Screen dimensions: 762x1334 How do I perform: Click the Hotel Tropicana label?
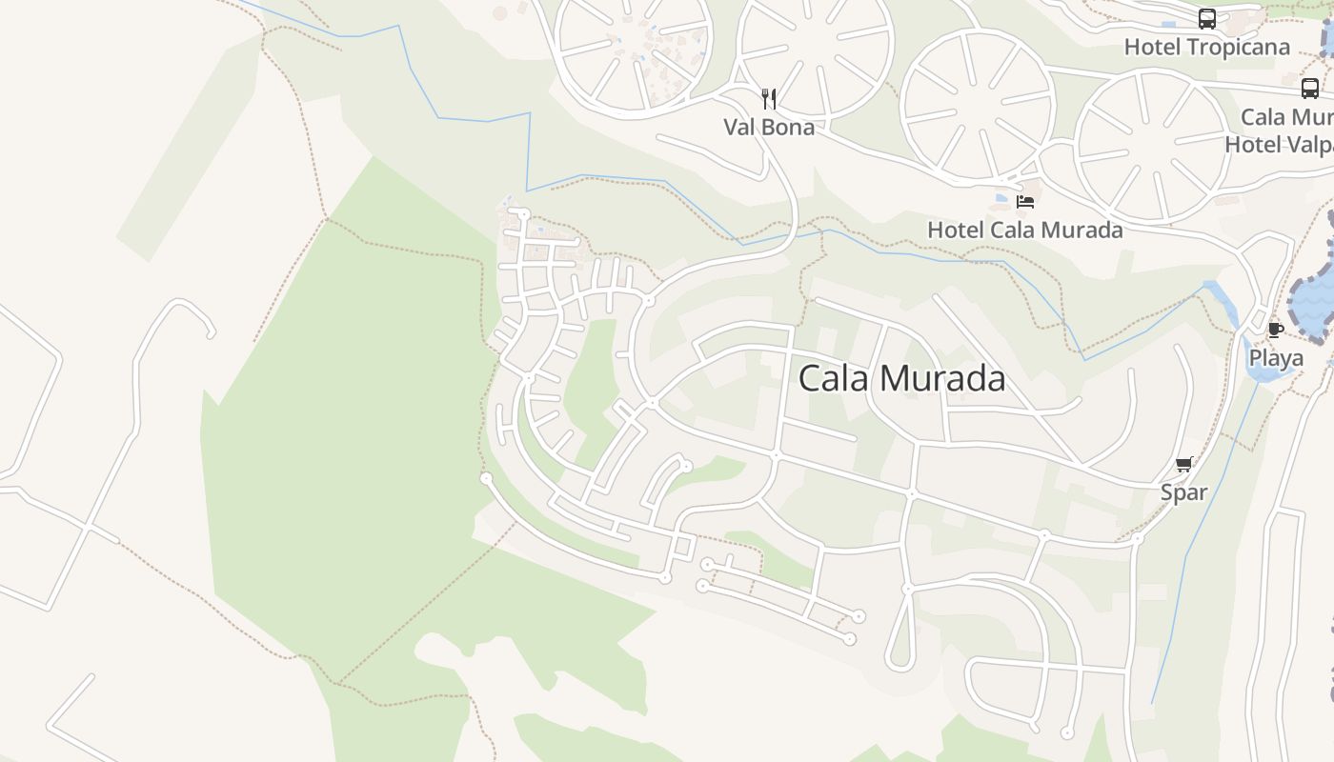tap(1206, 47)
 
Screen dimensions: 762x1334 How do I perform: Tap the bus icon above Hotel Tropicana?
tap(1207, 19)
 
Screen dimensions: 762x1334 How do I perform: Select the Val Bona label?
tap(769, 127)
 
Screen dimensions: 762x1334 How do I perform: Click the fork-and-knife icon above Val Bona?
tap(769, 98)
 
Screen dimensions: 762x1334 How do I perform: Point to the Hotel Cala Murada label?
tap(1024, 230)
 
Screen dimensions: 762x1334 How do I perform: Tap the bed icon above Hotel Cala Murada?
tap(1025, 201)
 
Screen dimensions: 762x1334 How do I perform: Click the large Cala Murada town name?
tap(901, 378)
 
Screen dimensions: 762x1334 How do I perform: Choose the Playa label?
tap(1276, 358)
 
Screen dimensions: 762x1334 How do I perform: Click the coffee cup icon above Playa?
tap(1276, 331)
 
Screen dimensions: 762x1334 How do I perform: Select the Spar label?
tap(1183, 492)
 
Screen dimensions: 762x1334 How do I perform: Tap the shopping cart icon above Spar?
tap(1184, 464)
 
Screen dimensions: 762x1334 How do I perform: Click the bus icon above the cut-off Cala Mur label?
tap(1310, 89)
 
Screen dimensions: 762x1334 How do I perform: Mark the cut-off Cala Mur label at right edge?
tap(1286, 117)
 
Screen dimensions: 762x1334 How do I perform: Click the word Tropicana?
tap(1236, 47)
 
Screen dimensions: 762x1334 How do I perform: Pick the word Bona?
tap(790, 127)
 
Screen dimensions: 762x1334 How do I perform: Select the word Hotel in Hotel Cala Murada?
tap(956, 230)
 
